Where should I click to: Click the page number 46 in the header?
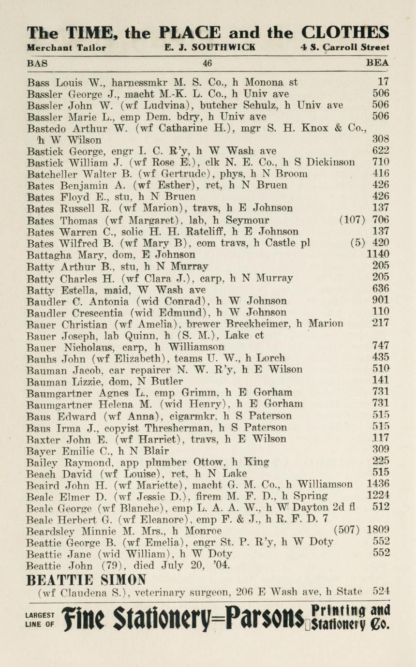208,63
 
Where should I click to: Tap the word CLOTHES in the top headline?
345,32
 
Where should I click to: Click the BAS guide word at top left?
37,63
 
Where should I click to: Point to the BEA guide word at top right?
378,63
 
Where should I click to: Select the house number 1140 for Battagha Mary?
378,254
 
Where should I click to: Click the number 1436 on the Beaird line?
378,484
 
